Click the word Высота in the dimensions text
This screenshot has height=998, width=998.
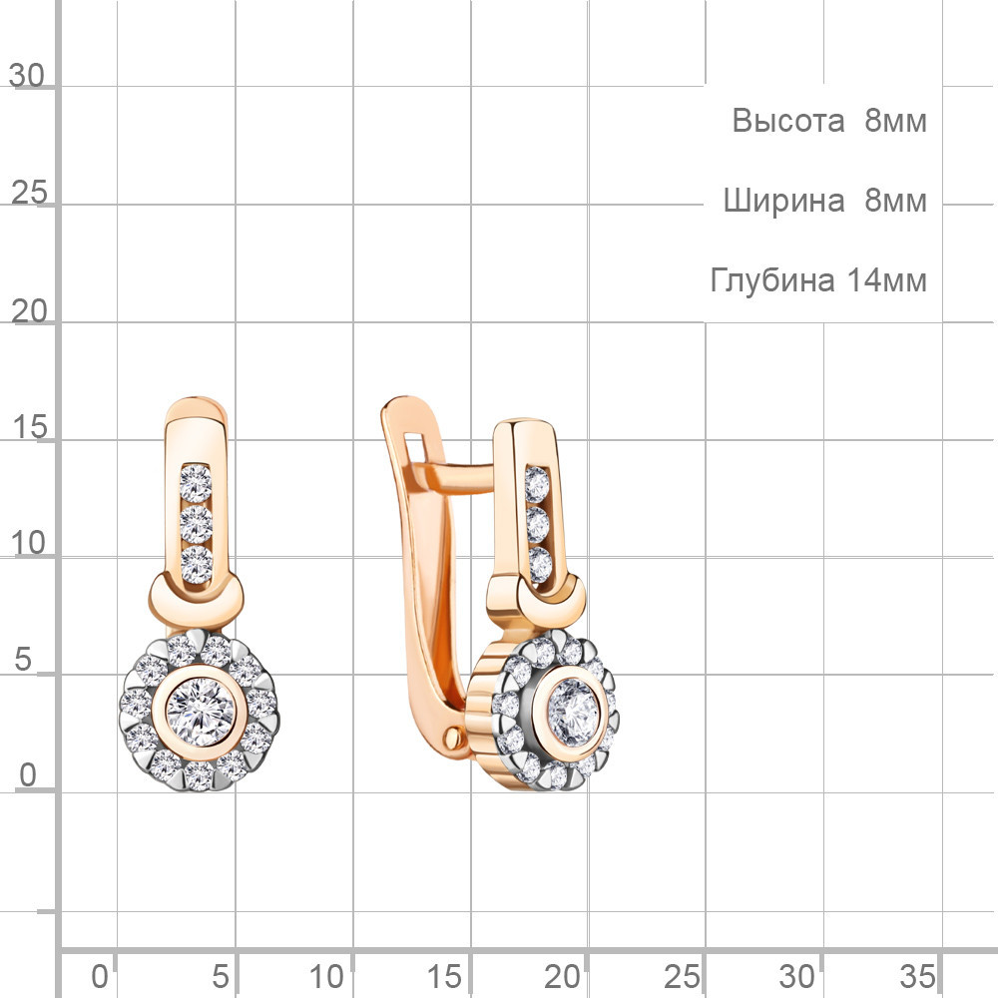[788, 121]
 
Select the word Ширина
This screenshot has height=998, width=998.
[783, 201]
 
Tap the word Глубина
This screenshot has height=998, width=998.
[772, 280]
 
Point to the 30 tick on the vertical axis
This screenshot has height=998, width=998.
[27, 76]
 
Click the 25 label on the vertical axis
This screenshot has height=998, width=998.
[29, 193]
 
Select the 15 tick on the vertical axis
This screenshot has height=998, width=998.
[29, 427]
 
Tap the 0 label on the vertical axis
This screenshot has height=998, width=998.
[28, 775]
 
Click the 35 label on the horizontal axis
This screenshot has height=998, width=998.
[918, 976]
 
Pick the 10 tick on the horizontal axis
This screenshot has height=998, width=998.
[326, 976]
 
